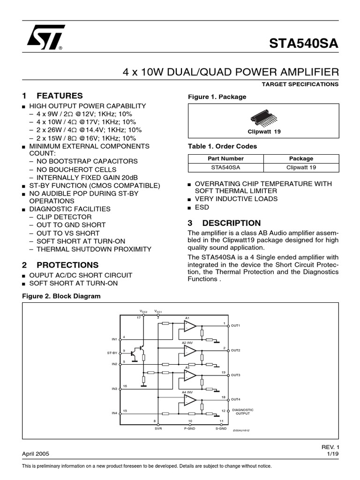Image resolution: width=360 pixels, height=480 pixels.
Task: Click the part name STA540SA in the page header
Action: [x=303, y=44]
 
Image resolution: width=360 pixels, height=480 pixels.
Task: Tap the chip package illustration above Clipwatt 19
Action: [x=263, y=118]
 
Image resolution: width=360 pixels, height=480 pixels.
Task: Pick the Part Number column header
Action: [x=225, y=158]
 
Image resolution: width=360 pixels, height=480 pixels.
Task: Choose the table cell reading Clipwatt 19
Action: [x=301, y=167]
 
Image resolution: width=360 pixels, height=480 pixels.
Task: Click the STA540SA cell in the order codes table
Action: [x=225, y=167]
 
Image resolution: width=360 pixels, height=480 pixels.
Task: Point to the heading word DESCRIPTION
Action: [x=237, y=223]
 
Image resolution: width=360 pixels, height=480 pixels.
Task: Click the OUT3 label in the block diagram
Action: [x=235, y=375]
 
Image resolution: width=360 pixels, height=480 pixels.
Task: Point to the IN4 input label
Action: [x=114, y=413]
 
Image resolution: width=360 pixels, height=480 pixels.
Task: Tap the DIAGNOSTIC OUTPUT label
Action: [x=243, y=412]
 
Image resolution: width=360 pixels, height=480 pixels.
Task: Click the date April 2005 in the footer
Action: [x=36, y=454]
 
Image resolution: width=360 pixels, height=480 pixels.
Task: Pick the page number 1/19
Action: [x=332, y=454]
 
